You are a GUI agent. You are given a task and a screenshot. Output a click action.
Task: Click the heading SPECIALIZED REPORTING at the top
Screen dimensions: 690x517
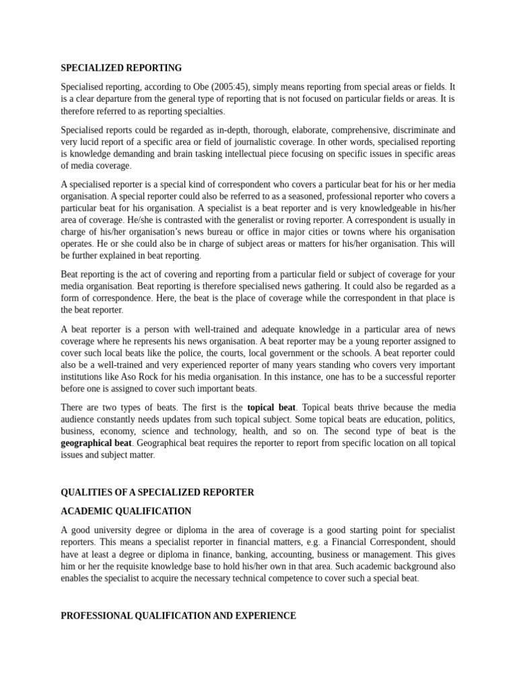pos(121,68)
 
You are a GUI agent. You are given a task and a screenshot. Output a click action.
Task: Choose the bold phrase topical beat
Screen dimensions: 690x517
pos(272,408)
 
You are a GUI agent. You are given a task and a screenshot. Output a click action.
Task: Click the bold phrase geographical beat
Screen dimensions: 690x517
pos(96,443)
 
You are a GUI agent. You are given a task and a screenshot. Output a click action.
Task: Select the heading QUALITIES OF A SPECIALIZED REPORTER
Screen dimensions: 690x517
pos(158,493)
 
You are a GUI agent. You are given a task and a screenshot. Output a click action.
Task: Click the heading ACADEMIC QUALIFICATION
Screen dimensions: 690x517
pos(126,511)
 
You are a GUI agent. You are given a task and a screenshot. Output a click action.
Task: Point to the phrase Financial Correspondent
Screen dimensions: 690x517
pos(377,542)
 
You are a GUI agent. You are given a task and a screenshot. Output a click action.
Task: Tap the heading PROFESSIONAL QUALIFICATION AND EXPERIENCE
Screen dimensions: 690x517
pos(178,616)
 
